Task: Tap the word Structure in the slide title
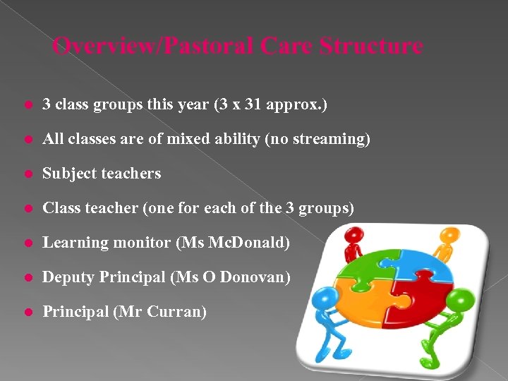(x=370, y=47)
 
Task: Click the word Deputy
(x=68, y=277)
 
